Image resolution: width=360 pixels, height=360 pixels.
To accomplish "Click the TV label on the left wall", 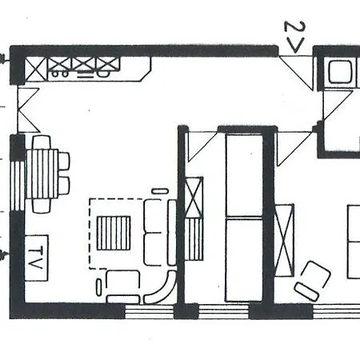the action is click(35, 258).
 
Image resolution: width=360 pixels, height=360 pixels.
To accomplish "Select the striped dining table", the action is click(42, 174).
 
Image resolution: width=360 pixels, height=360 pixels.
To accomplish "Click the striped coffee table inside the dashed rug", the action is click(114, 233).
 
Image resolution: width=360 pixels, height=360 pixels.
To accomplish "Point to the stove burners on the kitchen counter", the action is click(60, 74).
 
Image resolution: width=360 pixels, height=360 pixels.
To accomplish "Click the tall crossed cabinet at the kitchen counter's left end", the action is click(36, 70).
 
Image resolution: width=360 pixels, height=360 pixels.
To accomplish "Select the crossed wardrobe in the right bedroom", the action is click(285, 240).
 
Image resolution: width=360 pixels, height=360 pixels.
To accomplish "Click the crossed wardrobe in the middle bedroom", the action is click(194, 198).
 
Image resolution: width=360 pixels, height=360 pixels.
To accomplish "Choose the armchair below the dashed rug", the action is click(123, 286).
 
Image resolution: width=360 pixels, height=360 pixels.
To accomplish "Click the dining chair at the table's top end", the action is click(42, 142).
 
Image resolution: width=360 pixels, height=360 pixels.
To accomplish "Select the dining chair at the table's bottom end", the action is click(42, 206).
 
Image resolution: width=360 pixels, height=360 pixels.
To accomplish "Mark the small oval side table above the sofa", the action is click(160, 191).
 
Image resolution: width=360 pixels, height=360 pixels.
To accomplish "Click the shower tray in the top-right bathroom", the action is click(340, 72).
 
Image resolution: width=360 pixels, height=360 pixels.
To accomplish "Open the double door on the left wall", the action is click(29, 110).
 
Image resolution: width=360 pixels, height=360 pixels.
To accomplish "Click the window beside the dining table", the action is click(18, 186).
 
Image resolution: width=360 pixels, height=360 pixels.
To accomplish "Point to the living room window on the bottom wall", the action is click(150, 311).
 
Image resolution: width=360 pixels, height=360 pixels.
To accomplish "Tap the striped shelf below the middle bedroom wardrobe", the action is click(194, 239).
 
